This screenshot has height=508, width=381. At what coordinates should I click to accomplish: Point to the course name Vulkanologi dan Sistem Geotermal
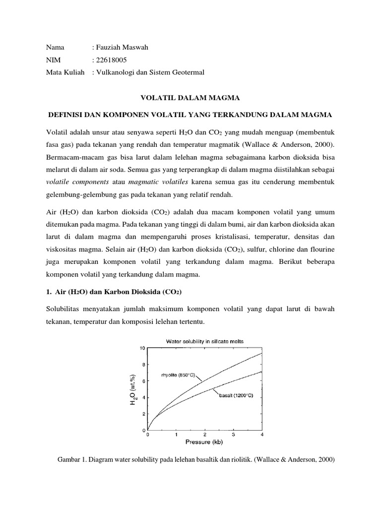pos(151,72)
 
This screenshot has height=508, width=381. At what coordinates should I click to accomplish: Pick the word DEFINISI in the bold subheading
pos(64,115)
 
